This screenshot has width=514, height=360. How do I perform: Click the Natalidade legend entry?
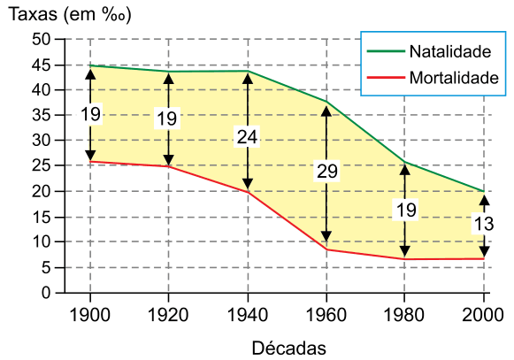tap(429, 51)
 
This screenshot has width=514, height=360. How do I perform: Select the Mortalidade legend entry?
tap(433, 78)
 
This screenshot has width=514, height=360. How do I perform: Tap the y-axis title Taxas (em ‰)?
tap(70, 14)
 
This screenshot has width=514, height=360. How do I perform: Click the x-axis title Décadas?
tap(288, 349)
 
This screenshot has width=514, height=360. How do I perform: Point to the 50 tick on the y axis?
tap(42, 39)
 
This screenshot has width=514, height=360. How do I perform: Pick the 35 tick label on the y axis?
tap(42, 115)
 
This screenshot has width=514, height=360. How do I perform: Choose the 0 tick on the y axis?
tap(46, 293)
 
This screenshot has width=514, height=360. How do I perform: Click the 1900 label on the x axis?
tap(90, 315)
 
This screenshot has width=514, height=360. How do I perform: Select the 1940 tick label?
tap(248, 315)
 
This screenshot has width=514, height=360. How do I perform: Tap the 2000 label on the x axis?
tap(483, 315)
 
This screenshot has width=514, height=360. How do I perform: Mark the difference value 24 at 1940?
tap(247, 137)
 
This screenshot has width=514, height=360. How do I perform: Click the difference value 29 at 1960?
tap(326, 171)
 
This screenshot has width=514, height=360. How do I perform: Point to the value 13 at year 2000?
tap(484, 225)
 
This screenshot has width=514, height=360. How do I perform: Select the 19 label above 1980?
tap(406, 210)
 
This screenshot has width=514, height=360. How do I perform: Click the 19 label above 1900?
tap(90, 114)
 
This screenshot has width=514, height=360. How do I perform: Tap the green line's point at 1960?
tap(326, 102)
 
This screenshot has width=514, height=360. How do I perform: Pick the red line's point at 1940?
tap(248, 192)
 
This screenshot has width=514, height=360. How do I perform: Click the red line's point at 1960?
tap(326, 249)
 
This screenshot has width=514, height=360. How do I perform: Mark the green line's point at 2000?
tap(484, 191)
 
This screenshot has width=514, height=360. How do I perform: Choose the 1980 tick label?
tap(404, 315)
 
